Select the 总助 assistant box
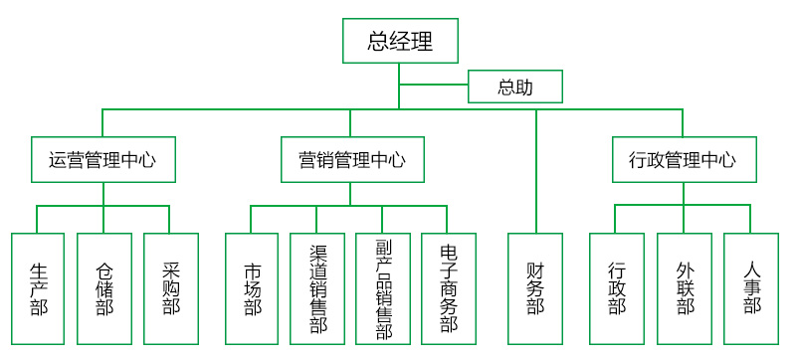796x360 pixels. (x=515, y=87)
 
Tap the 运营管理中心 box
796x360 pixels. (x=102, y=159)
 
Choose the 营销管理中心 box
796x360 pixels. (x=352, y=159)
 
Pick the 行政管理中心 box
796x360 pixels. (x=683, y=159)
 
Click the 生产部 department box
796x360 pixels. (x=38, y=288)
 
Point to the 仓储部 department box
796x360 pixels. (x=104, y=288)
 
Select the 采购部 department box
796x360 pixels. (x=170, y=288)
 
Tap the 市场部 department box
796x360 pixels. (x=252, y=288)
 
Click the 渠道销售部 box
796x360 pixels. (x=317, y=288)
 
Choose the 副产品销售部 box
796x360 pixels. (x=383, y=288)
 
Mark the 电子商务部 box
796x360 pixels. (x=448, y=288)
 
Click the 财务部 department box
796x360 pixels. (x=535, y=288)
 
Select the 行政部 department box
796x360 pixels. (x=617, y=288)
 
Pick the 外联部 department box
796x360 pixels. (x=685, y=288)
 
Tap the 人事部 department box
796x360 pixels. (x=750, y=288)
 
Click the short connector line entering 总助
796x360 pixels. (x=434, y=87)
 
